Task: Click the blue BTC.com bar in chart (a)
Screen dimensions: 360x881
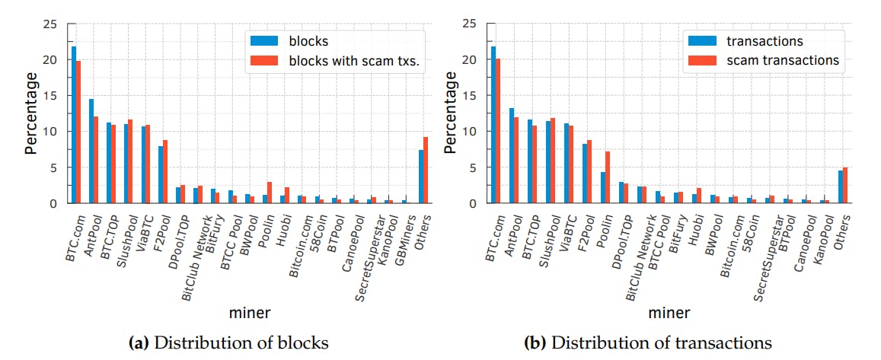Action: (74, 125)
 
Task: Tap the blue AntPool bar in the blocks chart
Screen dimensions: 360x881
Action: (91, 151)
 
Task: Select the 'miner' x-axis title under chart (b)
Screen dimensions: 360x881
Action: (671, 313)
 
